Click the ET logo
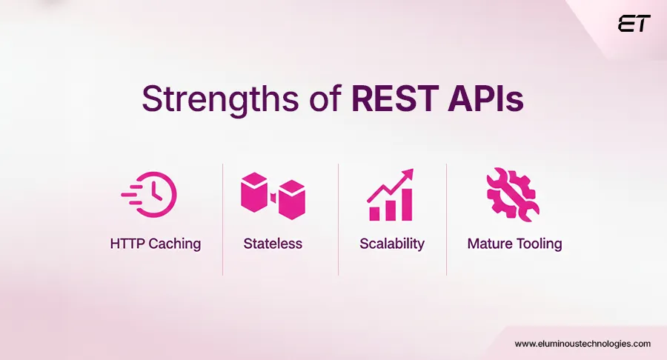click(x=634, y=24)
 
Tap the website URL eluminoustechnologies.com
click(x=583, y=344)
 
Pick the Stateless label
click(x=273, y=243)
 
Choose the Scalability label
click(x=392, y=243)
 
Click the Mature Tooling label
click(x=514, y=243)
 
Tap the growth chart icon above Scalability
click(x=391, y=196)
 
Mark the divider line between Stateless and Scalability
click(x=338, y=219)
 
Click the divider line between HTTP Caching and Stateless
click(x=222, y=219)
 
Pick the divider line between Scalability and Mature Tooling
click(x=446, y=219)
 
